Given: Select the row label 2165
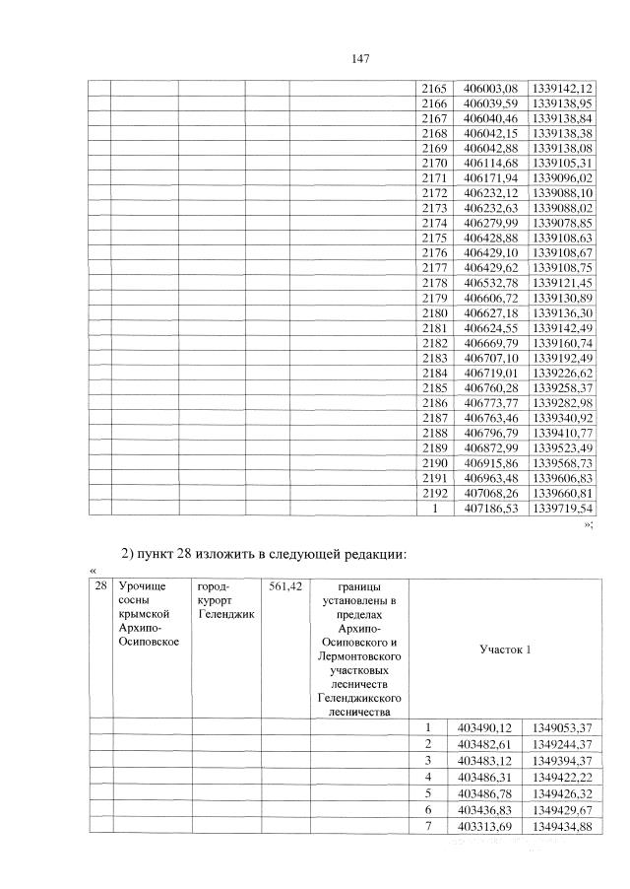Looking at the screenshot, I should click(434, 89).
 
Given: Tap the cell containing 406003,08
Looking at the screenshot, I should click(489, 89).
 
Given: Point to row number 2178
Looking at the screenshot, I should click(434, 283).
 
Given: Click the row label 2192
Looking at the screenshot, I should click(434, 493).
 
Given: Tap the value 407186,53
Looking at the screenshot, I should click(489, 509).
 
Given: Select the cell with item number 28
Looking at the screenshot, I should click(98, 586).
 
